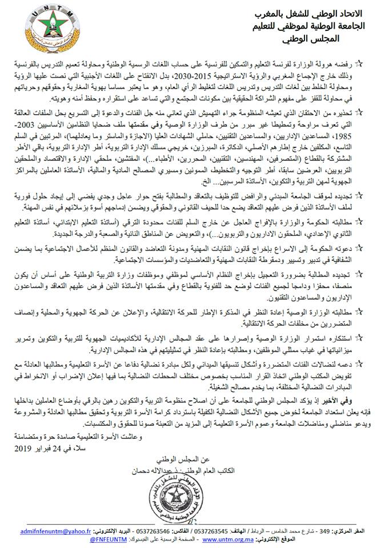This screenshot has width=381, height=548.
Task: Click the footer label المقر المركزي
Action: [359, 529]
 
